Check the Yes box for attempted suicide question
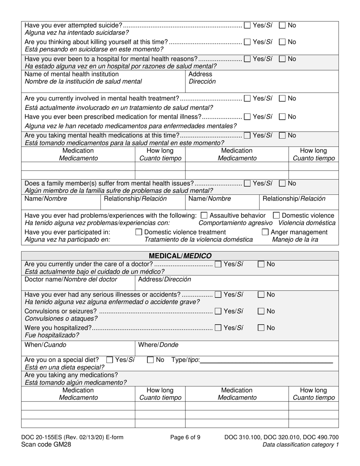pyautogui.click(x=247, y=26)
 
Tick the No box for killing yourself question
pyautogui.click(x=282, y=42)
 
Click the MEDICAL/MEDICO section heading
pyautogui.click(x=180, y=256)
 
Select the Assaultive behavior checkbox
pyautogui.click(x=203, y=216)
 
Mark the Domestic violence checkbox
pyautogui.click(x=276, y=216)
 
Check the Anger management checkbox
pyautogui.click(x=265, y=232)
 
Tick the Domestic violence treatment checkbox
pyautogui.click(x=139, y=232)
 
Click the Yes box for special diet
pyautogui.click(x=110, y=360)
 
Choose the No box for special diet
pyautogui.click(x=150, y=360)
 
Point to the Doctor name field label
pyautogui.click(x=71, y=280)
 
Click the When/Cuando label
pyautogui.click(x=45, y=345)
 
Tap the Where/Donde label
pyautogui.click(x=158, y=345)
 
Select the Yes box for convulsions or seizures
pyautogui.click(x=218, y=311)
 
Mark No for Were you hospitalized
pyautogui.click(x=261, y=328)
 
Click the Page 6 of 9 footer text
pyautogui.click(x=185, y=437)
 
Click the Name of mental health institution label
pyautogui.click(x=72, y=74)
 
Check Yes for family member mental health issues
pyautogui.click(x=247, y=184)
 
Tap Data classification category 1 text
pyautogui.click(x=301, y=444)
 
